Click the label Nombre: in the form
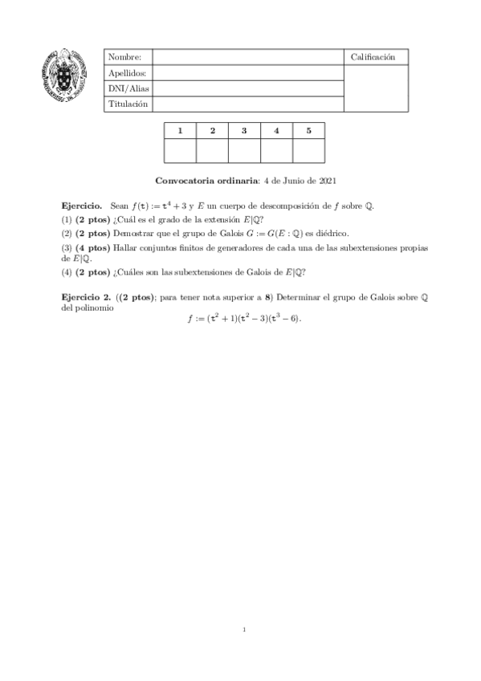124,57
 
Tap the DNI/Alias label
128,88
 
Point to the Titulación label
128,104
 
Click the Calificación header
373,57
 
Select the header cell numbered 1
180,130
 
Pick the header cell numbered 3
244,130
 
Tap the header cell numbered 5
308,130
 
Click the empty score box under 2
212,150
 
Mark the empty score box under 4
276,150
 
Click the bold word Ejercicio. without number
83,206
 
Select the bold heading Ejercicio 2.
87,296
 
